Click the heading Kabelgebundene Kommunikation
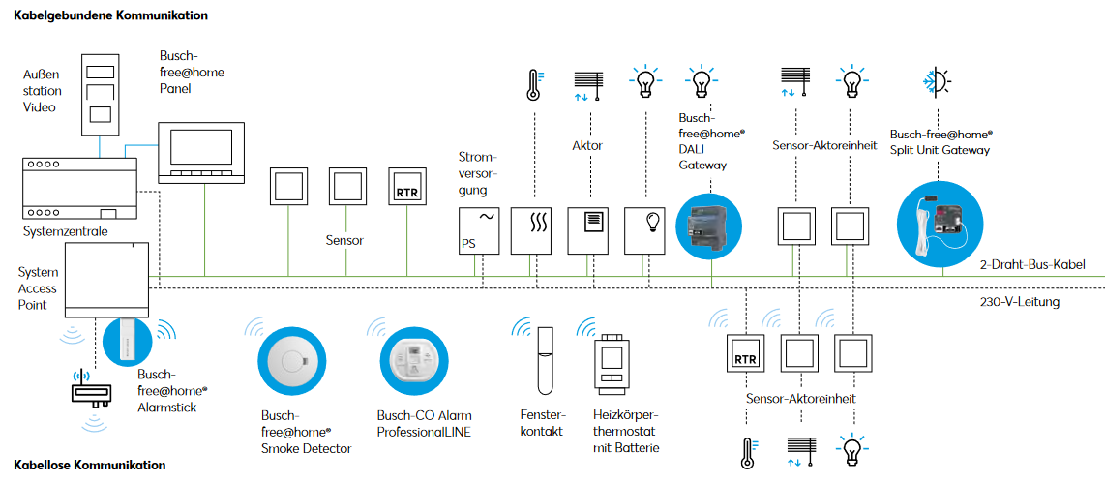[x=111, y=15]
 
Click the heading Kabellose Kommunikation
[x=90, y=466]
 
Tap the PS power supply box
[x=478, y=230]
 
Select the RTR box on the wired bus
[x=407, y=190]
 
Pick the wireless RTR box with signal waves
[x=745, y=357]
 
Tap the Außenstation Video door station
[x=98, y=94]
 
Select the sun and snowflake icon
[x=940, y=81]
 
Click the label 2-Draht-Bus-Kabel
[x=1032, y=265]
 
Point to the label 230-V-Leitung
[x=1019, y=302]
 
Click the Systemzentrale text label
[x=66, y=232]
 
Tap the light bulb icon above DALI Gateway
[x=699, y=80]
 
